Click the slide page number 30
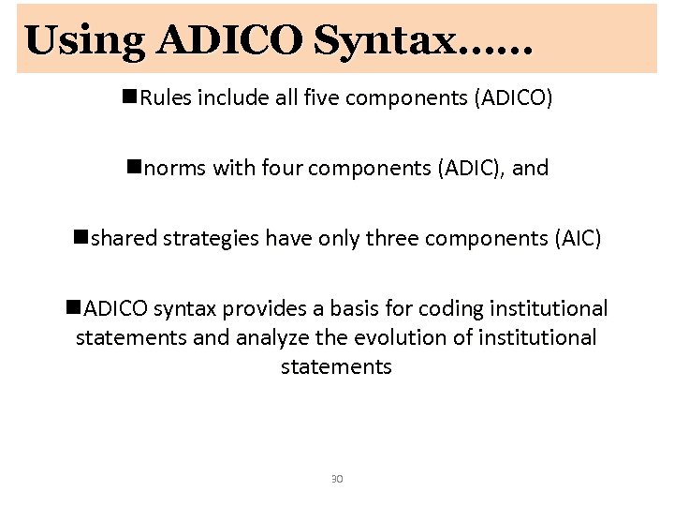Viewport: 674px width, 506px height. (337, 479)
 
